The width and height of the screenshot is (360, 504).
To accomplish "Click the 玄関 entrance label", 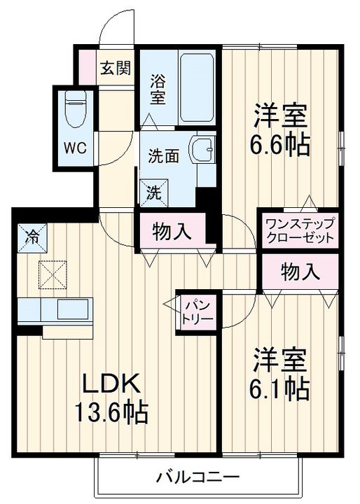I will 115,68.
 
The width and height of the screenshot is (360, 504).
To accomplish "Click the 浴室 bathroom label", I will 158,90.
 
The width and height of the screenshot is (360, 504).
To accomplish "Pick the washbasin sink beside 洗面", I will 204,148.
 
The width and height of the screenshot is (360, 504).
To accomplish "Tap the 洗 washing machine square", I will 153,191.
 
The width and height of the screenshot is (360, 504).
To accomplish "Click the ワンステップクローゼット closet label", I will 300,230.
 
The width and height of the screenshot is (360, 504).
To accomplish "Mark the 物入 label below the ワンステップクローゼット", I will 300,270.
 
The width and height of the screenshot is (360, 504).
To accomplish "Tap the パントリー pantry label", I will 195,310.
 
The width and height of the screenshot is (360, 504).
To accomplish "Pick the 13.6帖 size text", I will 112,413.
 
